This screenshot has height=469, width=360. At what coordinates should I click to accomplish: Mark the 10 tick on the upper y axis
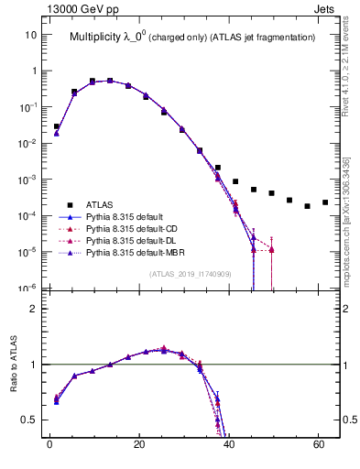click(30, 35)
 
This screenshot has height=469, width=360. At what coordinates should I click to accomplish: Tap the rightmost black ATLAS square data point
click(325, 202)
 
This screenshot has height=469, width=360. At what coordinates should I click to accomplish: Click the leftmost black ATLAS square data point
click(57, 126)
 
